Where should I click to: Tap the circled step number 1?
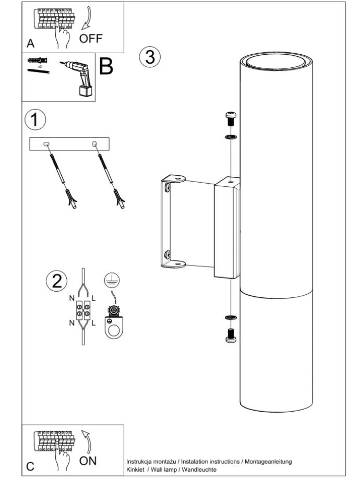[x=34, y=120]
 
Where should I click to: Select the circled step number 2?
[x=56, y=281]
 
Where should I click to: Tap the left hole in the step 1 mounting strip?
[x=46, y=145]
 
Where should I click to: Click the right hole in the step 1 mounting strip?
[x=94, y=144]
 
